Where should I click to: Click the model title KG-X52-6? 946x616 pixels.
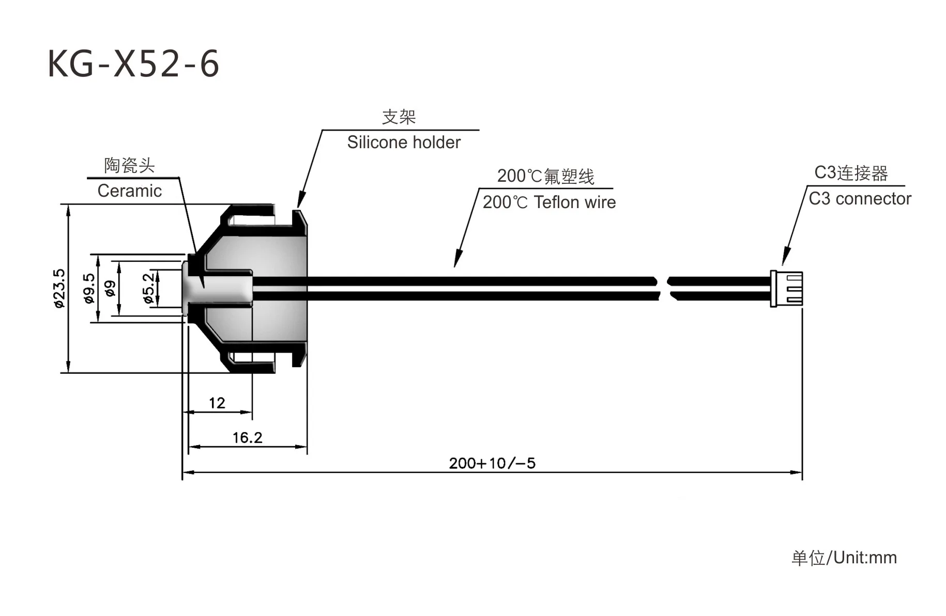pyautogui.click(x=133, y=64)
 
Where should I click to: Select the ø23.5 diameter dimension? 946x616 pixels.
pyautogui.click(x=60, y=288)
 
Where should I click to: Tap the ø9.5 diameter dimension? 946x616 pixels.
pyautogui.click(x=89, y=288)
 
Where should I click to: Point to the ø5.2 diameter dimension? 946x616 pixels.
pyautogui.click(x=148, y=288)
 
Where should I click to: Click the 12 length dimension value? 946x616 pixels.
pyautogui.click(x=217, y=403)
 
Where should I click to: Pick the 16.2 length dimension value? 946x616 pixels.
pyautogui.click(x=247, y=438)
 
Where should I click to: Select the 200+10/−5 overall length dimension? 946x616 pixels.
pyautogui.click(x=492, y=463)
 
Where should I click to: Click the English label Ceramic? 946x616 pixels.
pyautogui.click(x=129, y=191)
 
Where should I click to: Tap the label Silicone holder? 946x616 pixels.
pyautogui.click(x=403, y=143)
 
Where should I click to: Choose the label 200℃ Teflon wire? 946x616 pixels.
pyautogui.click(x=549, y=202)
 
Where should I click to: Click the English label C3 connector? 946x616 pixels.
pyautogui.click(x=859, y=199)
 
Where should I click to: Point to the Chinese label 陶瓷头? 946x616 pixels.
pyautogui.click(x=129, y=166)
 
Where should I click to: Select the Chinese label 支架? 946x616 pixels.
pyautogui.click(x=399, y=117)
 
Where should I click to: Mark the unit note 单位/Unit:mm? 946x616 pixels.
pyautogui.click(x=844, y=558)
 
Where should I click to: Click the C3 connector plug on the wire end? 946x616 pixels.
pyautogui.click(x=786, y=289)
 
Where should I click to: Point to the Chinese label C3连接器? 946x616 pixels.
pyautogui.click(x=851, y=173)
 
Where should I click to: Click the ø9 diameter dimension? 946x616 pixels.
pyautogui.click(x=110, y=288)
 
